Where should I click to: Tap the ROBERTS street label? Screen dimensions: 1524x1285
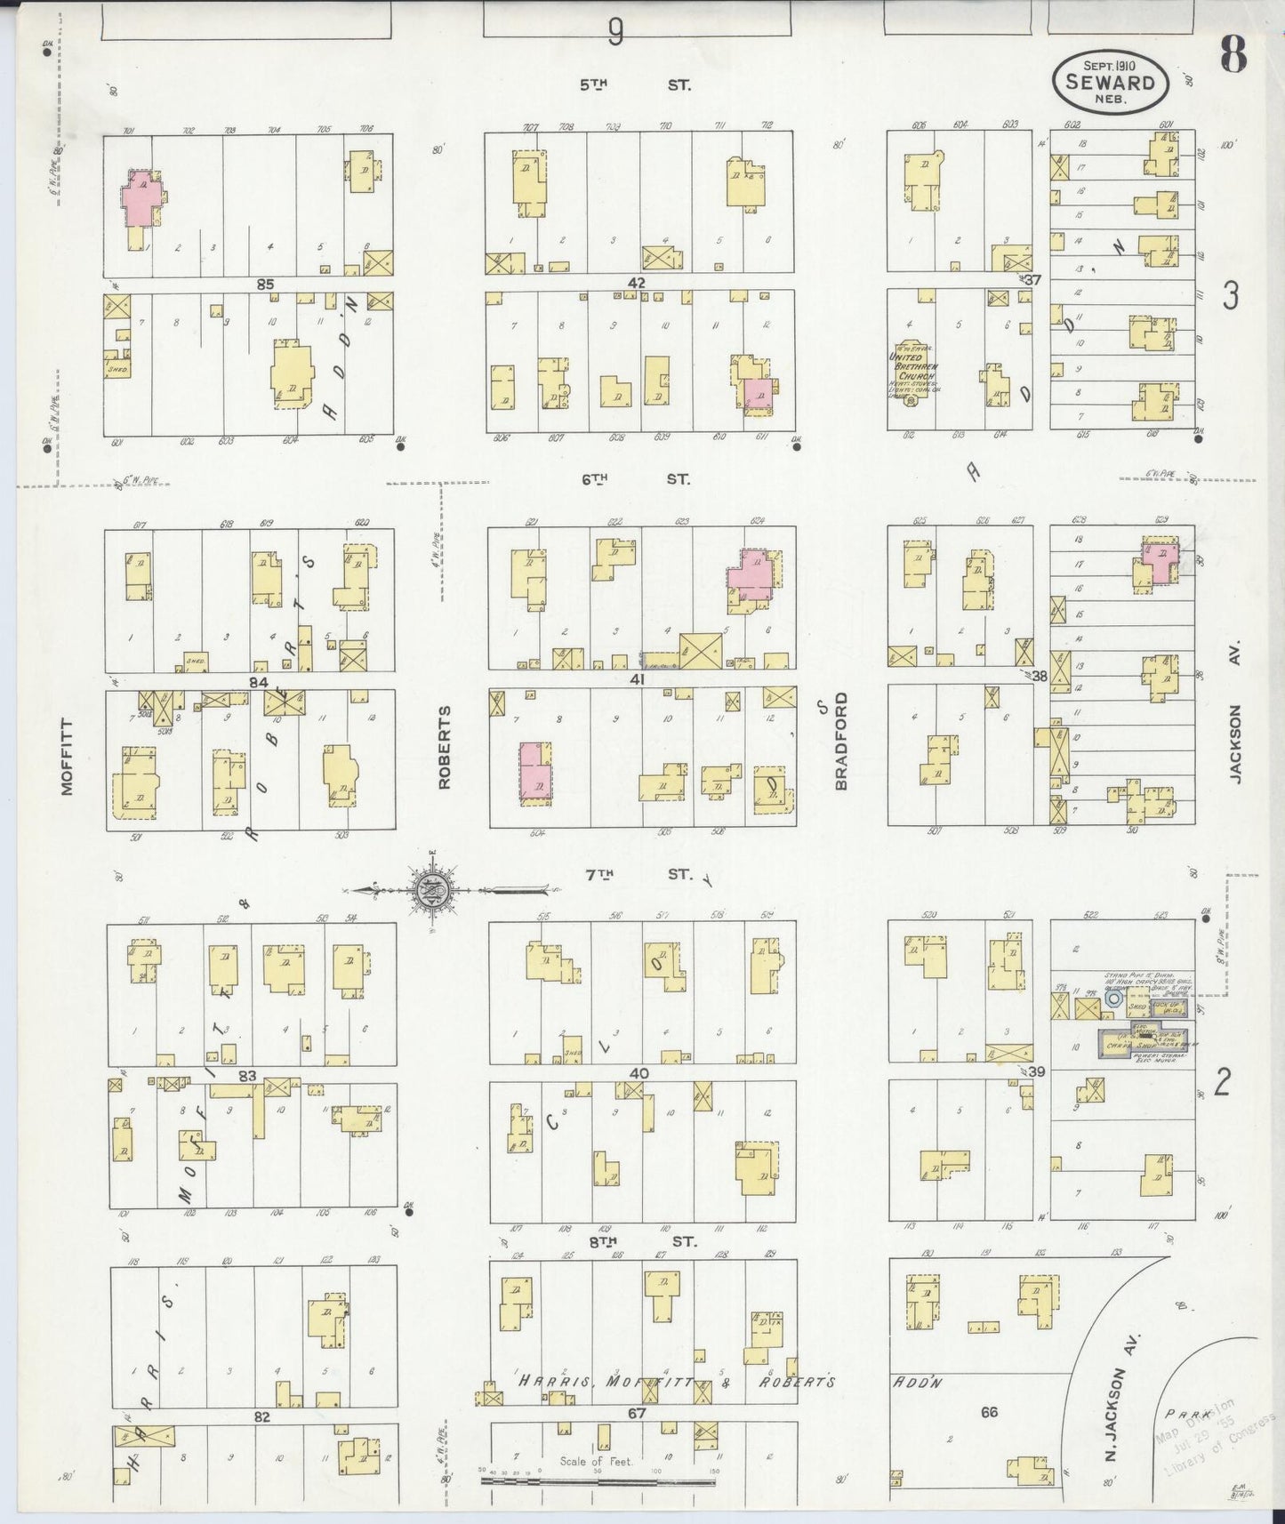[445, 748]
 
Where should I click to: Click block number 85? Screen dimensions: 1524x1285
[265, 285]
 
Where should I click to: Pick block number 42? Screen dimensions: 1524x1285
[636, 283]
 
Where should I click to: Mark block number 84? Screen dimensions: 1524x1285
[258, 682]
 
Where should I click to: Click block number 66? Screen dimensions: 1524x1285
[990, 1411]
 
